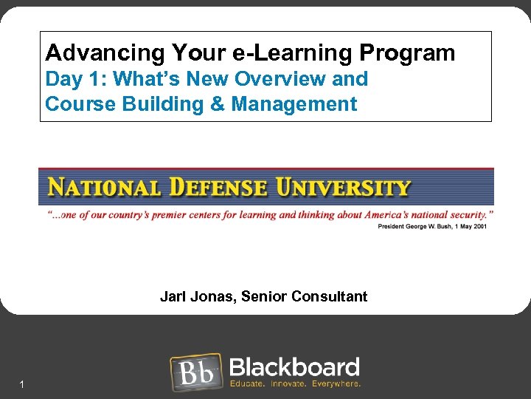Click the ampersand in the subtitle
coord(218,104)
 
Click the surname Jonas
coord(209,297)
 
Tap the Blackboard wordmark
coord(294,367)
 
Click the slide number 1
coord(23,384)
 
